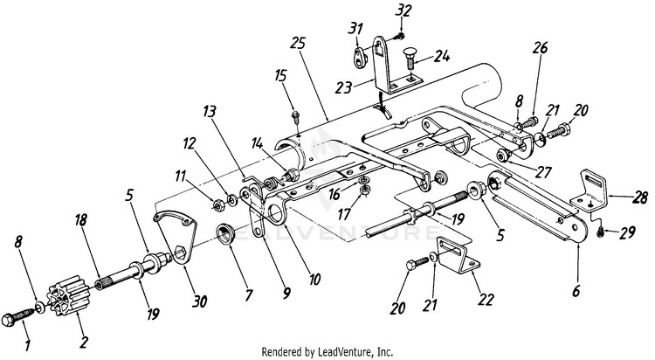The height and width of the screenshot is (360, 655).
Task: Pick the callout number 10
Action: [314, 280]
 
